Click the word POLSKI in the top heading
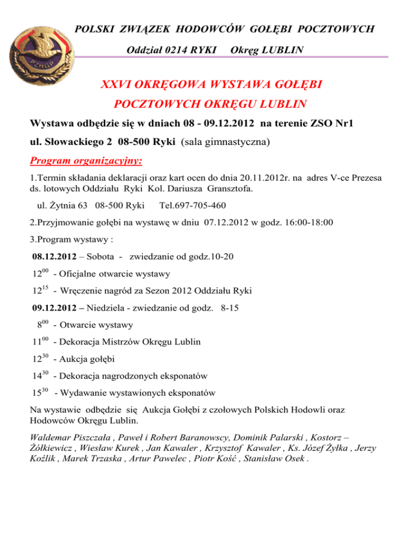click(93, 28)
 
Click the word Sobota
click(100, 257)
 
